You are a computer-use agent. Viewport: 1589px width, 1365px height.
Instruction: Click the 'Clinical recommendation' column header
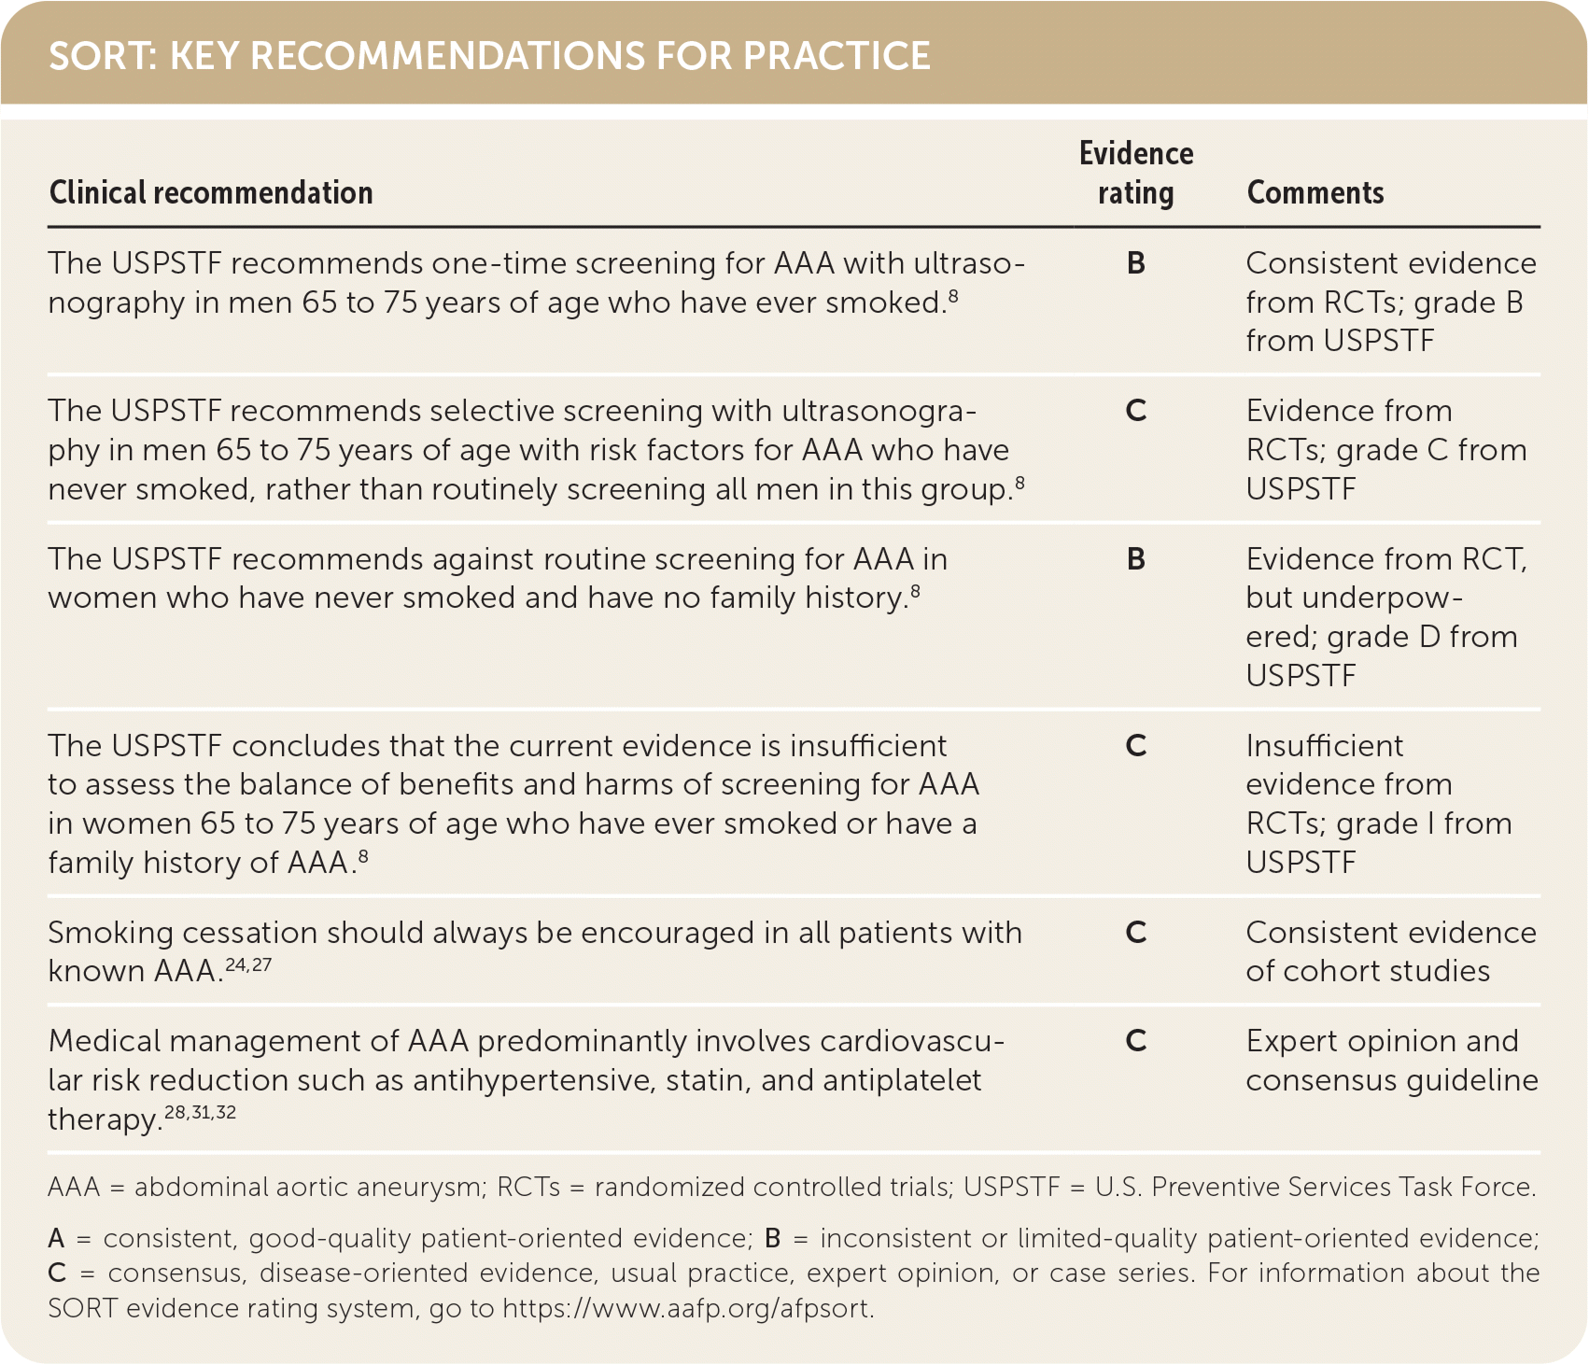pyautogui.click(x=211, y=192)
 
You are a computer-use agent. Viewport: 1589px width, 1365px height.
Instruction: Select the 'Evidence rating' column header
pyautogui.click(x=1135, y=174)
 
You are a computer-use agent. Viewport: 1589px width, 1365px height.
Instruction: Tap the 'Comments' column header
pyautogui.click(x=1315, y=192)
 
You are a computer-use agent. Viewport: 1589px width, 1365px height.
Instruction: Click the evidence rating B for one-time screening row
pyautogui.click(x=1135, y=263)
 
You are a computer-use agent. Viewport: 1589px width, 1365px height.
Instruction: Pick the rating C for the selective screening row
pyautogui.click(x=1135, y=411)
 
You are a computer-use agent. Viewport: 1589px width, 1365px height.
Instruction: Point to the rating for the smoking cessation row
pyautogui.click(x=1135, y=933)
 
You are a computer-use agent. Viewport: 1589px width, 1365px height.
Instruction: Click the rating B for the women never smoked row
pyautogui.click(x=1135, y=559)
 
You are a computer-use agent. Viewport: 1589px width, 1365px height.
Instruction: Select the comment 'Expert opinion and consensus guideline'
pyautogui.click(x=1391, y=1061)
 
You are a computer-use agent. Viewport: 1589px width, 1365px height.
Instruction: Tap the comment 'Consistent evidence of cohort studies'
pyautogui.click(x=1391, y=951)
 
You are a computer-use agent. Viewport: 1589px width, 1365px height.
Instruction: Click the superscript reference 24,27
pyautogui.click(x=248, y=964)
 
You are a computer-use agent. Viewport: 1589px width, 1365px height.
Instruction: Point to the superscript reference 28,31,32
pyautogui.click(x=200, y=1112)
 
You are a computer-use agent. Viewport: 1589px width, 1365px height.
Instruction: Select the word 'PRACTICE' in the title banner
pyautogui.click(x=837, y=56)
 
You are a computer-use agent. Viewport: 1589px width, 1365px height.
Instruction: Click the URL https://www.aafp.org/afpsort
pyautogui.click(x=687, y=1309)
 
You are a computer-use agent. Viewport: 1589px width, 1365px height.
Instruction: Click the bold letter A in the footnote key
pyautogui.click(x=57, y=1239)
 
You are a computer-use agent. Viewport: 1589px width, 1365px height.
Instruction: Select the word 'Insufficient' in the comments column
pyautogui.click(x=1324, y=746)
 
